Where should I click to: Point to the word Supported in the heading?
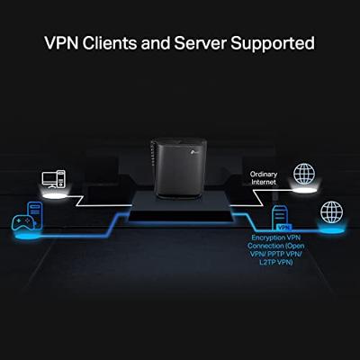pyautogui.click(x=275, y=42)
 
